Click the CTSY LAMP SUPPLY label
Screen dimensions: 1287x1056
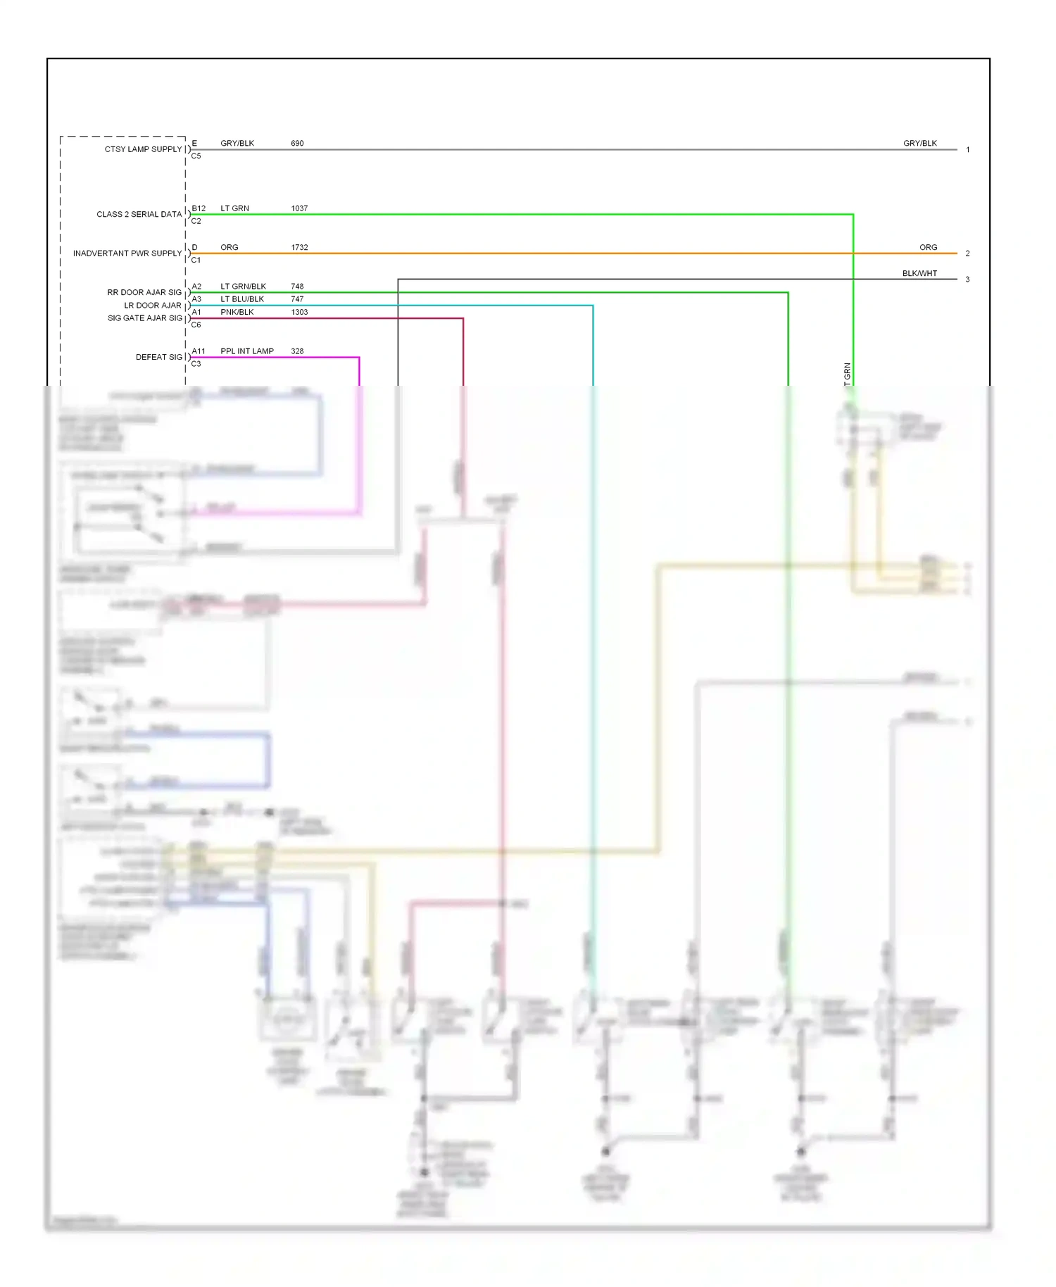pos(143,149)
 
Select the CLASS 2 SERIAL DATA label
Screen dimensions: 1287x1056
pos(139,214)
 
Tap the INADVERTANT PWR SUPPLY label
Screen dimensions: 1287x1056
pos(127,253)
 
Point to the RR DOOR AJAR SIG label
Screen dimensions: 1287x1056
pos(144,292)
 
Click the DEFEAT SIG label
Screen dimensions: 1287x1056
pos(158,357)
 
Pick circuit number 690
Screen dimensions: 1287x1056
pos(297,143)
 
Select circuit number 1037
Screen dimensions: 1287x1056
pos(299,208)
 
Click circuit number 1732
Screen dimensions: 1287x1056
pos(299,247)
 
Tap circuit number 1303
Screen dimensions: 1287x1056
pos(299,312)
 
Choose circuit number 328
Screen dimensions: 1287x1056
pos(297,351)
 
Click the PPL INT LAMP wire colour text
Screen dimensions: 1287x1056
pos(246,351)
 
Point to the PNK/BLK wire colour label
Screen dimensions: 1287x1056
pos(237,312)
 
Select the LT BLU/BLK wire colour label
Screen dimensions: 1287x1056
pos(241,299)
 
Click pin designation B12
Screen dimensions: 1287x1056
pos(199,208)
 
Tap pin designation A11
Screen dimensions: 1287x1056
pos(199,351)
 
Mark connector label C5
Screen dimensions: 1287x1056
pos(196,156)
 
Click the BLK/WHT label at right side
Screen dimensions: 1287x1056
pos(919,273)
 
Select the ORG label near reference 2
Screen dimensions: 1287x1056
pos(928,247)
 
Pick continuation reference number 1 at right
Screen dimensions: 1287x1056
pos(967,150)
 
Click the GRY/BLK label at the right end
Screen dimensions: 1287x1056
pos(919,143)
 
